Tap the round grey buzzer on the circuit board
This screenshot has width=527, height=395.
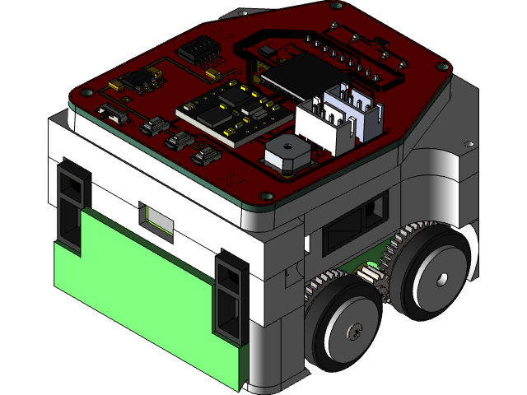tap(287, 152)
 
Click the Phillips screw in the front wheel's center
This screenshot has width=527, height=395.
tap(355, 332)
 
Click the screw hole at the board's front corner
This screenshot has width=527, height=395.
tap(265, 196)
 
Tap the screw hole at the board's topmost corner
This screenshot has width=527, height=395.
tap(336, 5)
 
